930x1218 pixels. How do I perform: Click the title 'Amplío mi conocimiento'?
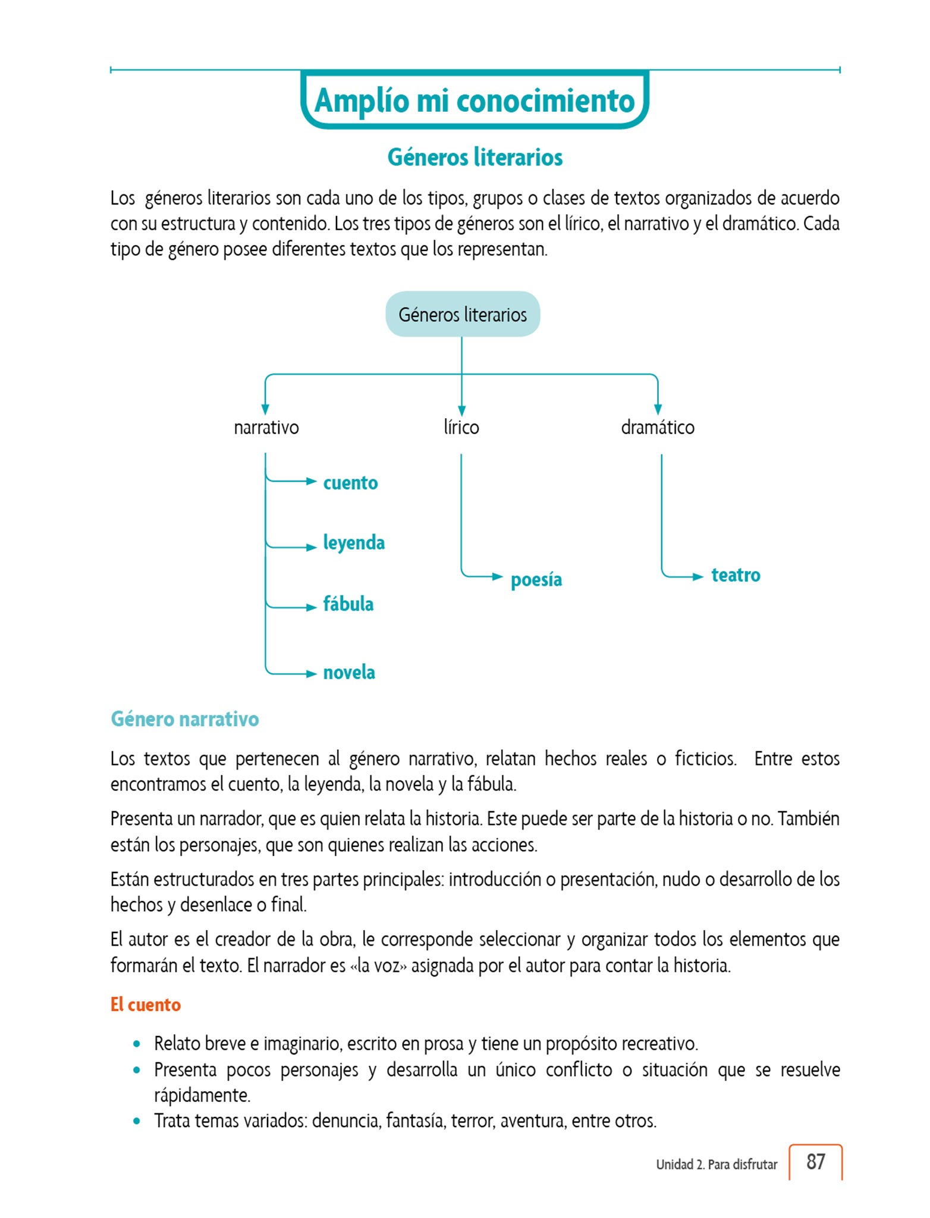coord(474,100)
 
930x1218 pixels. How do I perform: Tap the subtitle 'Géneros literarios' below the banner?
coord(475,158)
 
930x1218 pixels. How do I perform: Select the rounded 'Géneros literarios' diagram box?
coord(463,314)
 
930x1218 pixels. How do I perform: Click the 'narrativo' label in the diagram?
coord(266,427)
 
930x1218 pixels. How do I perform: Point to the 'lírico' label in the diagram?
coord(461,427)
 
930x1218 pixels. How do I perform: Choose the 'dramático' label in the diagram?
coord(657,427)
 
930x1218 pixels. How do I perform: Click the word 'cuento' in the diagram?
coord(350,482)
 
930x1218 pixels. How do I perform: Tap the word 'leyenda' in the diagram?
coord(354,542)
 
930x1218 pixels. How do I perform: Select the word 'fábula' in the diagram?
coord(348,604)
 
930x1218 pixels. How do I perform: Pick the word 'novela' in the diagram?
coord(349,673)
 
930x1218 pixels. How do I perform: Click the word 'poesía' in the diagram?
coord(536,579)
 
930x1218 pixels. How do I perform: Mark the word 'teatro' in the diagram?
coord(736,575)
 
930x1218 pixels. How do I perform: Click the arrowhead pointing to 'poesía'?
coord(498,576)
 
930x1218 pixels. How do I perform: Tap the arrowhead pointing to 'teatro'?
coord(698,576)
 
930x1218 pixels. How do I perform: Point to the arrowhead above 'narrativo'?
coord(265,409)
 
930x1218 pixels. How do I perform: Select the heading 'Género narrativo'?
coord(184,719)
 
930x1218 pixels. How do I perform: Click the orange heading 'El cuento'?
coord(146,1004)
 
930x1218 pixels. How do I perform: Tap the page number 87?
coord(815,1162)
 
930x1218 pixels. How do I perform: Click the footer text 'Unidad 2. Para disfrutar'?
coord(717,1164)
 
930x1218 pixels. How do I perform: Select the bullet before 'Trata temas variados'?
coord(137,1121)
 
